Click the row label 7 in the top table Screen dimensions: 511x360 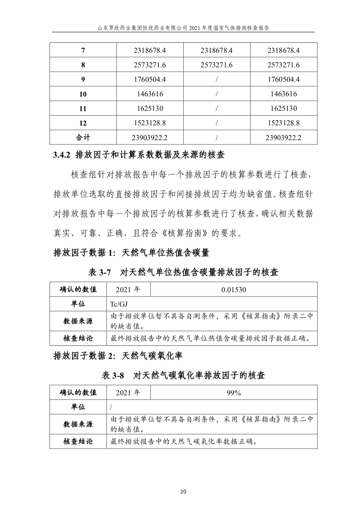click(83, 51)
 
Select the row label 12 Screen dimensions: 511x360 click(83, 123)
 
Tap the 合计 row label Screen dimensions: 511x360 click(83, 137)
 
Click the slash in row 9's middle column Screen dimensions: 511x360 click(216, 80)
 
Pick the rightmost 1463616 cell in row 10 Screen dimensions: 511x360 click(283, 94)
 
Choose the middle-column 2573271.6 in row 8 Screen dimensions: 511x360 click(216, 65)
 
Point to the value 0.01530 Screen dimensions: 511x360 click(234, 290)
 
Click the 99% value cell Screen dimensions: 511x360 click(234, 393)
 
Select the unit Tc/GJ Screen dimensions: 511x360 click(119, 304)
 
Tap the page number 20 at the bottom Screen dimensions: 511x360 click(183, 491)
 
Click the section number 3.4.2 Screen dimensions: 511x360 click(61, 155)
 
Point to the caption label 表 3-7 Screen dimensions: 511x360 click(99, 272)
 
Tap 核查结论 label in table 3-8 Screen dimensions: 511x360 click(78, 441)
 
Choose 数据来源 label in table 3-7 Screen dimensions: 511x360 click(78, 321)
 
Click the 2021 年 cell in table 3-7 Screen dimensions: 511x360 click(128, 290)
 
